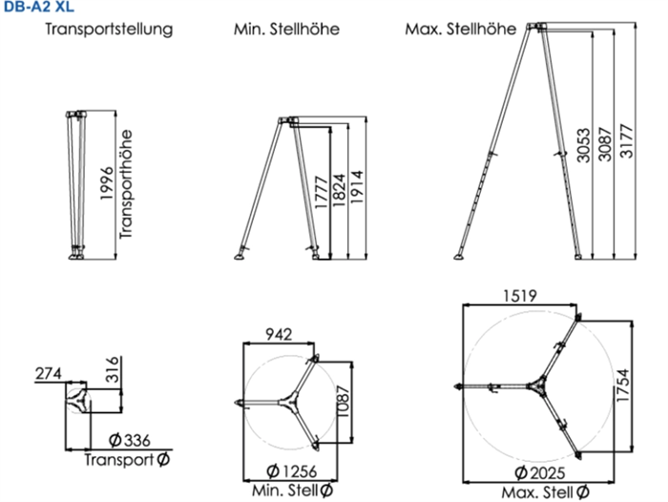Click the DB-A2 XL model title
[x=36, y=8]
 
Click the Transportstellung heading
[x=108, y=30]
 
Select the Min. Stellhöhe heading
[x=286, y=30]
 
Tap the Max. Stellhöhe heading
[x=461, y=30]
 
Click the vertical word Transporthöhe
[x=125, y=185]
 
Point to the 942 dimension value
[x=279, y=334]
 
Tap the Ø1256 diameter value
[x=291, y=471]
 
